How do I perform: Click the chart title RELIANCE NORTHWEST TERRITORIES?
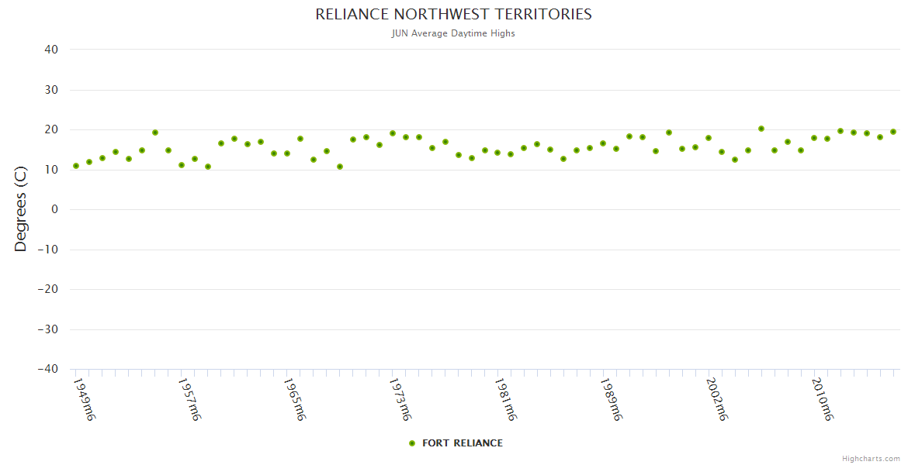tap(453, 15)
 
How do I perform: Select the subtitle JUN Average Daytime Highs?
tap(453, 33)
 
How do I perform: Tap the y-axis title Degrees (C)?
tap(21, 210)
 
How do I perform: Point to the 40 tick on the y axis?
tap(51, 50)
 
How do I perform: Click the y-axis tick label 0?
tap(55, 210)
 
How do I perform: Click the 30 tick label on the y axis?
tap(51, 90)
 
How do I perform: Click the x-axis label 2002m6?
tap(716, 399)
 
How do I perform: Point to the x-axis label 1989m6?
tap(611, 399)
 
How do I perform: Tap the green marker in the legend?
tap(412, 443)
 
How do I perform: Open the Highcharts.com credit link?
tap(871, 458)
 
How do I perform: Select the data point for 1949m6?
tap(76, 166)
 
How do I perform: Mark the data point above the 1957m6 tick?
tap(182, 165)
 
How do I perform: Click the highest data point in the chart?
tap(761, 129)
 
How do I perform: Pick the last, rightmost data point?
tap(893, 132)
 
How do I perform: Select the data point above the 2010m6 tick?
tap(814, 138)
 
